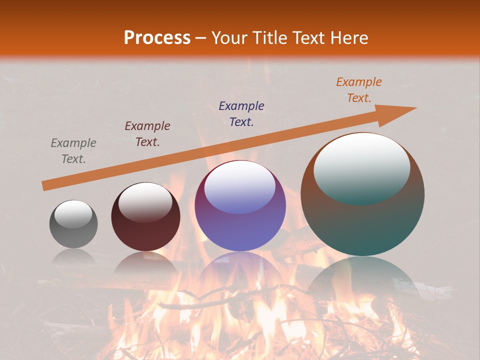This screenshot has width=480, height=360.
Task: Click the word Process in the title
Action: (x=157, y=38)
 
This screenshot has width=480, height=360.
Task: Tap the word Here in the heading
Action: (x=348, y=38)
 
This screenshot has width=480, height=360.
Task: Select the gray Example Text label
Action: (x=73, y=151)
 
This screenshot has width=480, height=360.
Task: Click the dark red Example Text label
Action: (x=147, y=134)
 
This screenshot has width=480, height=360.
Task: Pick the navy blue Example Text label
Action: (x=241, y=113)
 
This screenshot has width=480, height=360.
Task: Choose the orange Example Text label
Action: (x=359, y=90)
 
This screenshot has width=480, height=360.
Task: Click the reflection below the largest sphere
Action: (x=362, y=280)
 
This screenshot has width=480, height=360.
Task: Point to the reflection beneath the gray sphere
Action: (x=73, y=257)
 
